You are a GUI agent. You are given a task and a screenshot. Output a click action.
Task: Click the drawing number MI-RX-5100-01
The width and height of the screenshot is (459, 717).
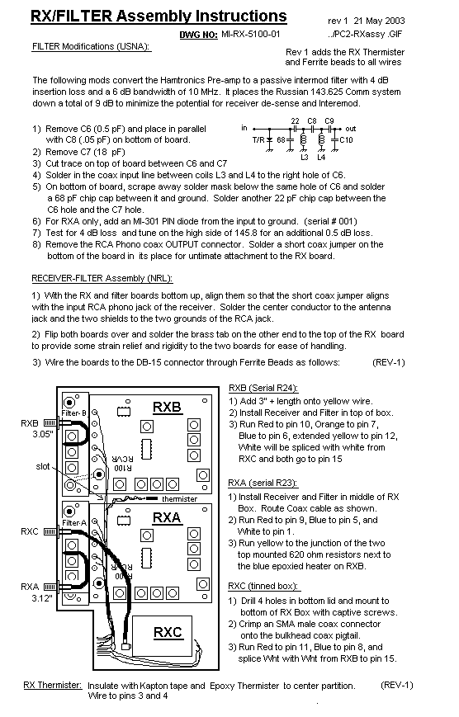[250, 34]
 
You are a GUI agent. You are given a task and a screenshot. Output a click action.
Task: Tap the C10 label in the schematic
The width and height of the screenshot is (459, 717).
[347, 140]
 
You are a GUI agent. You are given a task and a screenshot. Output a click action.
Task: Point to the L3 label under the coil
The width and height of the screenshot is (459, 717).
[305, 158]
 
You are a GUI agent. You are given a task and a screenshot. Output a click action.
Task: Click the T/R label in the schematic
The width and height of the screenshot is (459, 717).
[258, 140]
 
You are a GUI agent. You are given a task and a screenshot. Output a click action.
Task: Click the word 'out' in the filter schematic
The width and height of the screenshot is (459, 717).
[351, 129]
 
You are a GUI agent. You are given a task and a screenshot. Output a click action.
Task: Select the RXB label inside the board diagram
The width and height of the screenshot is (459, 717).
[167, 407]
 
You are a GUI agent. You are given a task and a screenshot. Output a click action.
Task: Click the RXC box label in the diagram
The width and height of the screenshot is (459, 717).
[168, 632]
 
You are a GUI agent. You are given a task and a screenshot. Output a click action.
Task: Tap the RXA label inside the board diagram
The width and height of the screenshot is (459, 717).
[167, 517]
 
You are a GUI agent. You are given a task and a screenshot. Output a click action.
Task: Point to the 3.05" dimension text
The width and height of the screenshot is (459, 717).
[43, 434]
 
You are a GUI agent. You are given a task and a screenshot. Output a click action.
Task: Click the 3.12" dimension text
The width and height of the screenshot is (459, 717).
[42, 598]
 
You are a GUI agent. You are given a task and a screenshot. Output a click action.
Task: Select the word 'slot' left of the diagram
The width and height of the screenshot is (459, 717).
[43, 466]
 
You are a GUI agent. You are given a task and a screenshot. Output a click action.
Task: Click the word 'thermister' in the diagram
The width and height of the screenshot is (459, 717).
[179, 499]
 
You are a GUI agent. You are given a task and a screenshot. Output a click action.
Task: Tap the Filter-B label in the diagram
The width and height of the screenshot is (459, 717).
[74, 413]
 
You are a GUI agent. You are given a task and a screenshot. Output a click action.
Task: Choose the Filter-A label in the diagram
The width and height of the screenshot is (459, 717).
[74, 522]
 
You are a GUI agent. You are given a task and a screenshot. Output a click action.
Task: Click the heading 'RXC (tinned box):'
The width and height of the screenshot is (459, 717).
[264, 586]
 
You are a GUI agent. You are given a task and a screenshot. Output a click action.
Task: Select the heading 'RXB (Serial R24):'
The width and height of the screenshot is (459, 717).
[263, 389]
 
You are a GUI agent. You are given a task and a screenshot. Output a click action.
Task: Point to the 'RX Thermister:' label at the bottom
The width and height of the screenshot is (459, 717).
[53, 685]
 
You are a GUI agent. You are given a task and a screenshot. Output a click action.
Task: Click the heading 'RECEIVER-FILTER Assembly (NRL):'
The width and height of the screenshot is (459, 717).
[102, 278]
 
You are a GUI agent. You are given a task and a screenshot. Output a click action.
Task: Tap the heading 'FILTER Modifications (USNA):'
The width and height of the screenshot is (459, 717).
[92, 46]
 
